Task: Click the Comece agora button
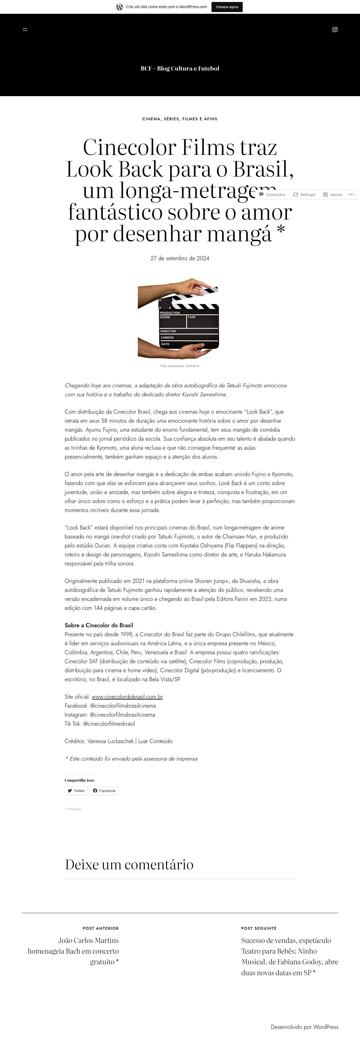(227, 7)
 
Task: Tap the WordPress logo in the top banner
(120, 7)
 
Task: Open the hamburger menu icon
(25, 30)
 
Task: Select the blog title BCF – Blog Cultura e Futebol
(180, 68)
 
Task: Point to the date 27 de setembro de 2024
(180, 258)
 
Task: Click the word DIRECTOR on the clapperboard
(168, 331)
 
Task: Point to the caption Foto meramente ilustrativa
(180, 366)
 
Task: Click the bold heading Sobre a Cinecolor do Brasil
(99, 625)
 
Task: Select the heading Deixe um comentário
(129, 865)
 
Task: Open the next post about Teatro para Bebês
(289, 956)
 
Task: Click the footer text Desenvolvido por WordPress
(304, 1027)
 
